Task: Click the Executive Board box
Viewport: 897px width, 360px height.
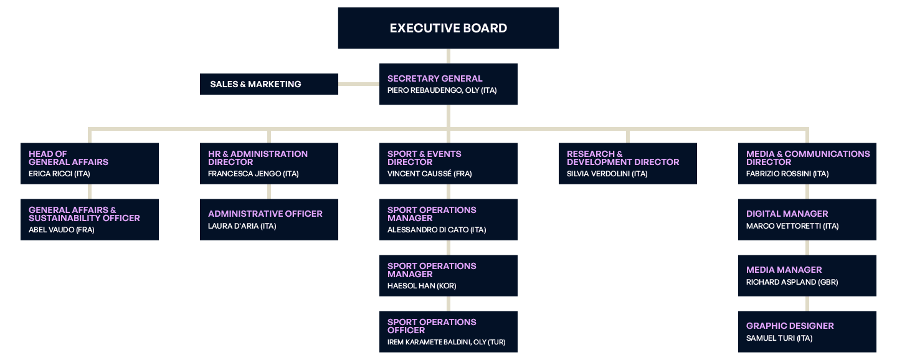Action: (x=448, y=28)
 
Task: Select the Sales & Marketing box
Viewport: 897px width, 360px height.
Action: (x=268, y=84)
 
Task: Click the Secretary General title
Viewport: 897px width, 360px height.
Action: (x=434, y=78)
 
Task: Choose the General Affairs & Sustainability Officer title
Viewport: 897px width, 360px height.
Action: (x=84, y=214)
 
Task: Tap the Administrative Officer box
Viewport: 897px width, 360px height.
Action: (x=268, y=219)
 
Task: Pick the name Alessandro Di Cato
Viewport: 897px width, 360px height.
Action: (x=436, y=230)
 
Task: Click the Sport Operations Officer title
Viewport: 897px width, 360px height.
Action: (x=431, y=326)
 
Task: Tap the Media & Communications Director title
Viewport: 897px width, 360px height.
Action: (x=807, y=158)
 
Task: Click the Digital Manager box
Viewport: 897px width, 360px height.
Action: (x=807, y=219)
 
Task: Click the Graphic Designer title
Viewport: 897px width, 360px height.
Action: (x=789, y=326)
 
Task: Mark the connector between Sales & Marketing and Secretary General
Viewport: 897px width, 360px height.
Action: (x=359, y=84)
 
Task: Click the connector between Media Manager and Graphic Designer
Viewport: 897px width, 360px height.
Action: (x=807, y=304)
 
